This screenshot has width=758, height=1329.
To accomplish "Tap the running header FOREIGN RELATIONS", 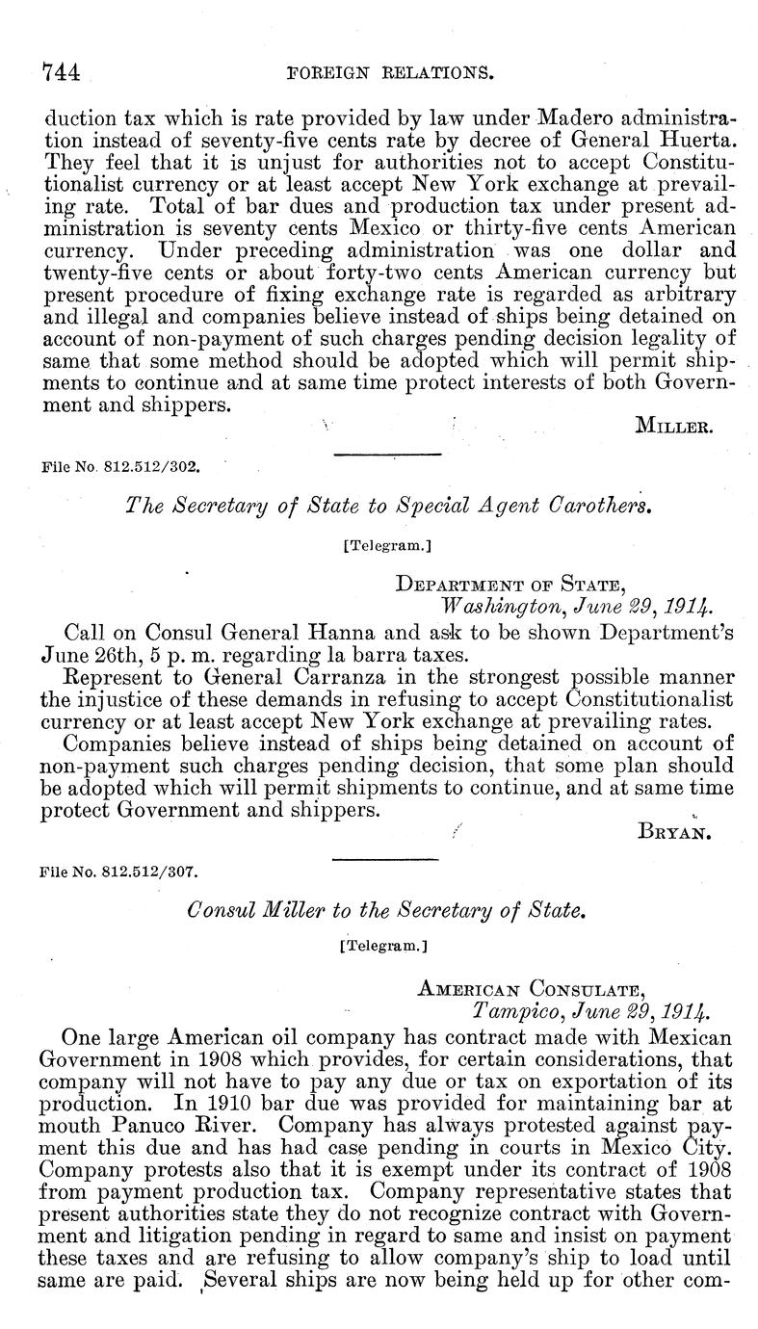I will point(399,71).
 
